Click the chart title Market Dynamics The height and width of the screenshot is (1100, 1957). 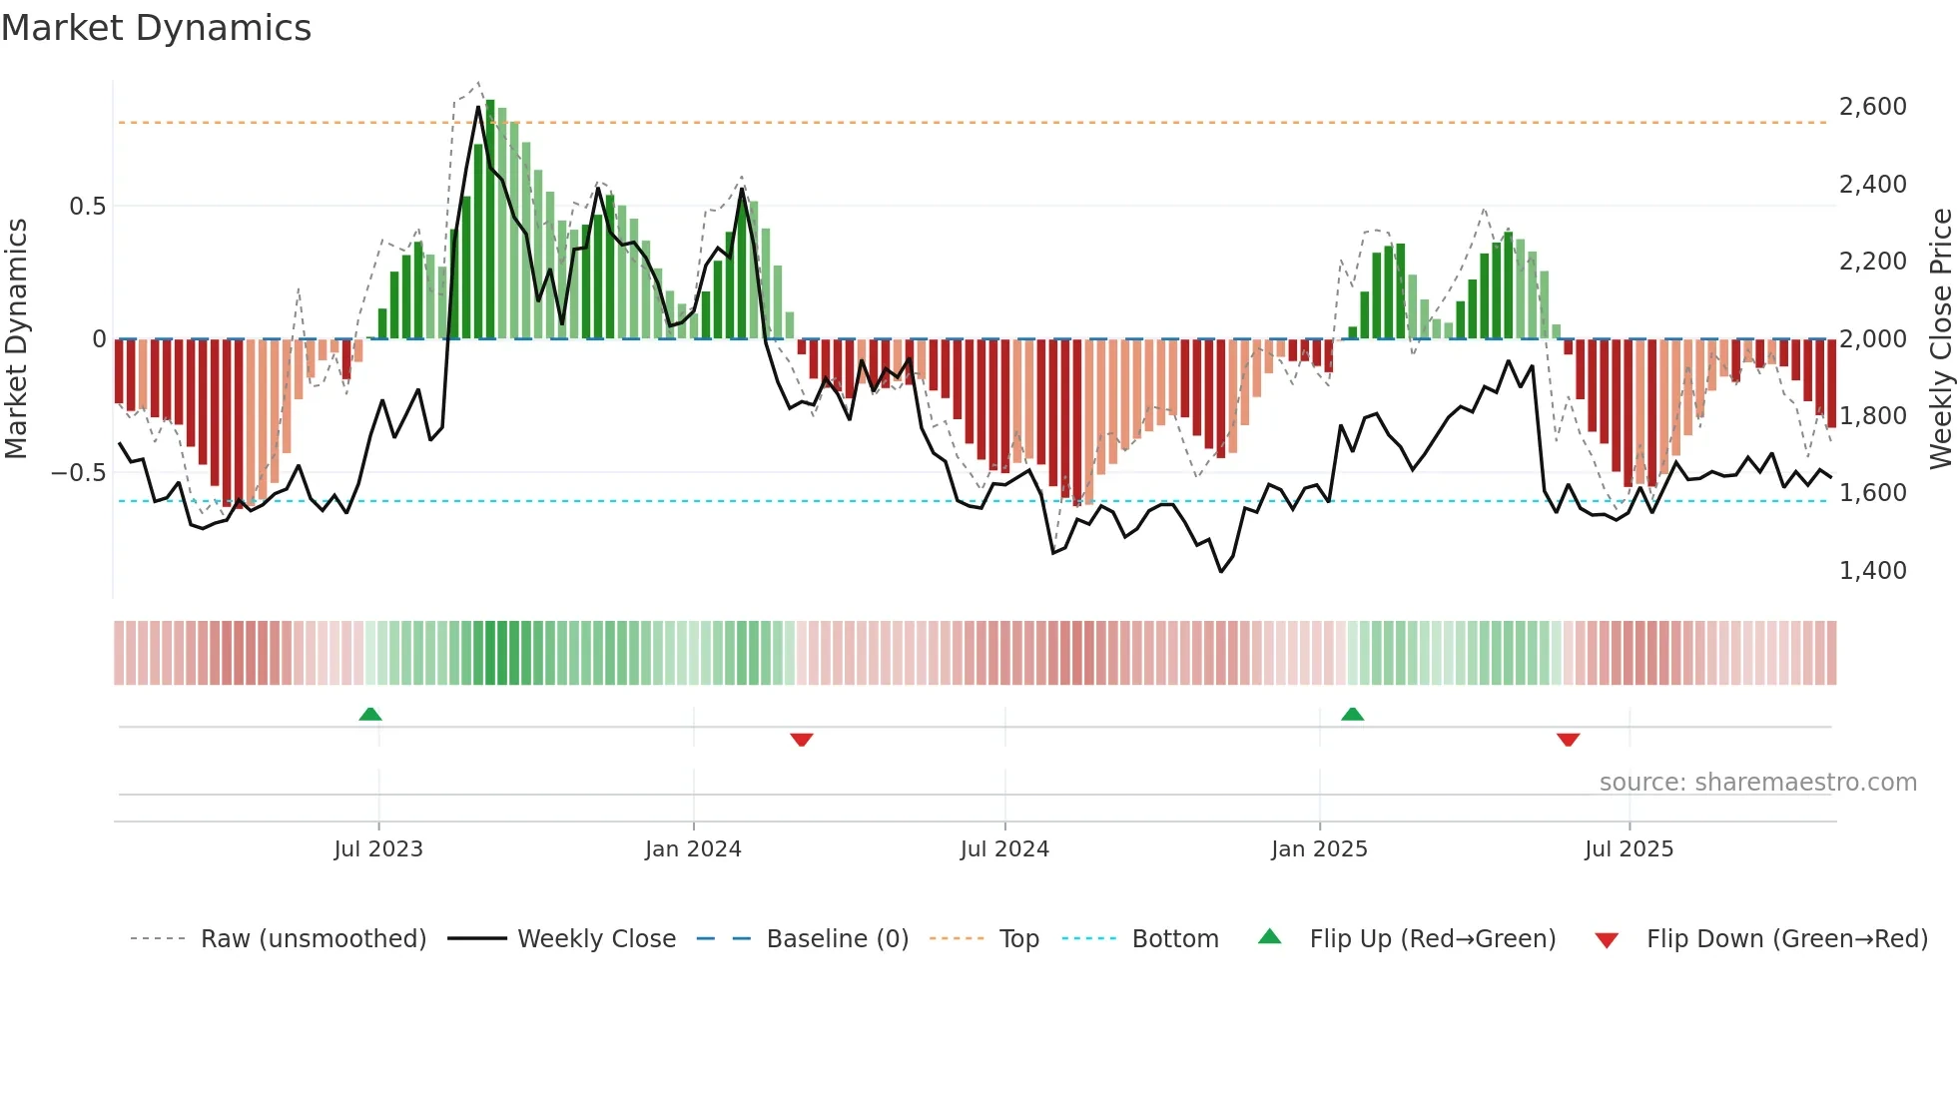(x=156, y=28)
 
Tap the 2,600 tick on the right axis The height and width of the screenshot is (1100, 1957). (x=1872, y=107)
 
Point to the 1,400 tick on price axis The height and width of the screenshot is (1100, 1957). (x=1872, y=571)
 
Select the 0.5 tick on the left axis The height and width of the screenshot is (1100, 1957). (x=87, y=207)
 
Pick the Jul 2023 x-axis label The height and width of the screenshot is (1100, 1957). (x=378, y=849)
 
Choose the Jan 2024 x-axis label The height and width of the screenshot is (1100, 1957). (x=693, y=849)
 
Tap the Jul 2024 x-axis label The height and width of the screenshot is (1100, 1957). (x=1004, y=849)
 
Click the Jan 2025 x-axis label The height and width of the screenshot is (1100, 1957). (x=1319, y=849)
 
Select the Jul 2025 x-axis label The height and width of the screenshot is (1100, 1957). (x=1629, y=849)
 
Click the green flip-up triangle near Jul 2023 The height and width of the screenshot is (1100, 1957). (x=370, y=714)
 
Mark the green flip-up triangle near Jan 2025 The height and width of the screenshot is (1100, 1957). (x=1352, y=714)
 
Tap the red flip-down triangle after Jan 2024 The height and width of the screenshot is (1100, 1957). (x=801, y=740)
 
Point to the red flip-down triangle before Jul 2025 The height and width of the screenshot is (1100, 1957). (x=1568, y=740)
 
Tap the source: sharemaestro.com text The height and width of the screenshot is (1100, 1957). (x=1757, y=783)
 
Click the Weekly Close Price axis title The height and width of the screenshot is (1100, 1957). (x=1940, y=339)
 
